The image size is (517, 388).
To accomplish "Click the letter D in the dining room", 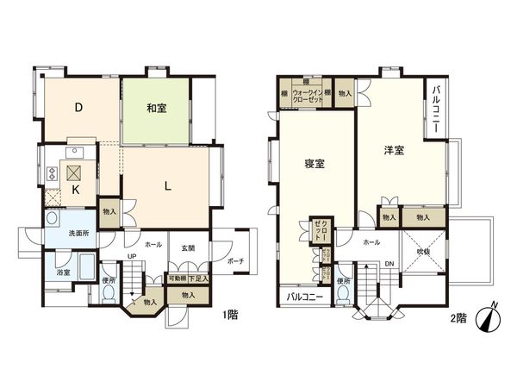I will click(78, 108).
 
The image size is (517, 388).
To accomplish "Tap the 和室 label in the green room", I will click(155, 108).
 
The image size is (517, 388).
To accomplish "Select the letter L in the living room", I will click(166, 184).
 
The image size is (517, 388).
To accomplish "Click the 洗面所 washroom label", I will click(58, 233).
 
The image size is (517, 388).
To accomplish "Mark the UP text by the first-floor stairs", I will click(132, 257).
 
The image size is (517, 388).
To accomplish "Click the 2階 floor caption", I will click(458, 317).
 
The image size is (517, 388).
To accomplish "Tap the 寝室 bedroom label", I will click(314, 164).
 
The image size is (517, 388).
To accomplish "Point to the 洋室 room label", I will click(395, 150).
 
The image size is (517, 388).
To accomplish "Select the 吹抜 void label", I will click(423, 252).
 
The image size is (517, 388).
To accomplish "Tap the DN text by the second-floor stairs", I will click(389, 264).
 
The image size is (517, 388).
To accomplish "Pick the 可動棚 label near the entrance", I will click(177, 279).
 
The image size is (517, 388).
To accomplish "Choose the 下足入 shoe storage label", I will click(197, 279).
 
